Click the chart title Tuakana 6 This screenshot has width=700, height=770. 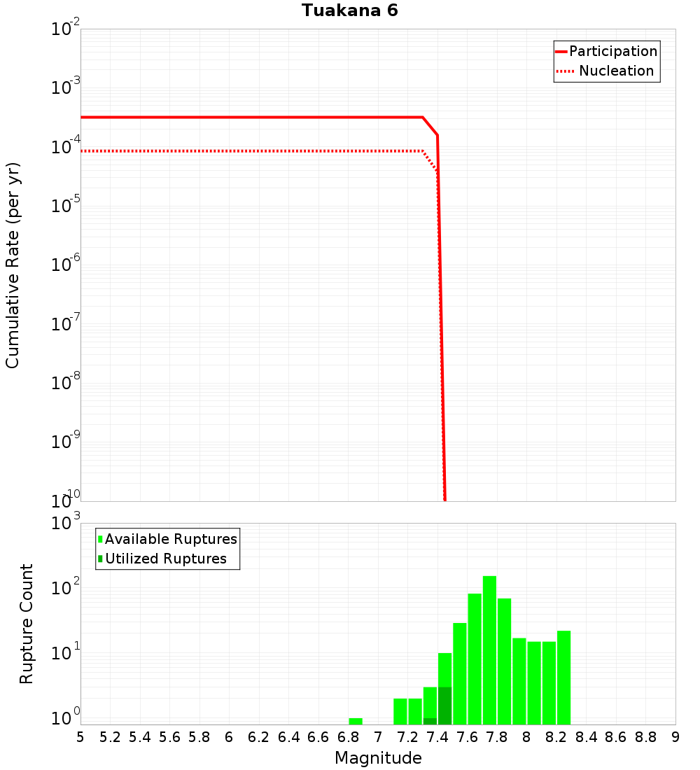349,10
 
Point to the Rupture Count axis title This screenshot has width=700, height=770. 27,623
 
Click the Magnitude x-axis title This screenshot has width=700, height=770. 378,757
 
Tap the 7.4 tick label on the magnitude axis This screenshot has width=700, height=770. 437,737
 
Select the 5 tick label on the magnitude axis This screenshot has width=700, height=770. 80,737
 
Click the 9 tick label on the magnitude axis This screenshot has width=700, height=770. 675,737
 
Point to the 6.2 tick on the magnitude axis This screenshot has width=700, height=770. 259,737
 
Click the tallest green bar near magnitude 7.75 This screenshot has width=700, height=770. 489,651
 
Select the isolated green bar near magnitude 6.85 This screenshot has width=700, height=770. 356,721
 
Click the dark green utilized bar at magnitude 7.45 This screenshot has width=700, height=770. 444,706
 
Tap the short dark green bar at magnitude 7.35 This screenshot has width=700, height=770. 430,721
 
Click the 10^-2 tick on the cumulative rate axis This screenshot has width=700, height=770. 66,30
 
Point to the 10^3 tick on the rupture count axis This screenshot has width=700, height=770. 66,523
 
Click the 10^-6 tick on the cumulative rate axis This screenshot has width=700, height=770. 66,266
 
